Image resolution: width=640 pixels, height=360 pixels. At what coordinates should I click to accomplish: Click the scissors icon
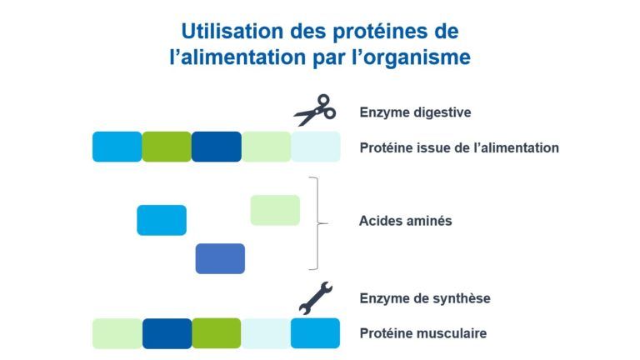coord(315,110)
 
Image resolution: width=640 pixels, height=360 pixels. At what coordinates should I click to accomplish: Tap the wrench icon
coord(316,298)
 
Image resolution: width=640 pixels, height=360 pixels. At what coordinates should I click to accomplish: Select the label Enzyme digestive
coord(415,112)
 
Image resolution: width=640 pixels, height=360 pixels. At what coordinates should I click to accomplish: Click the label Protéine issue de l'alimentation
coord(459,147)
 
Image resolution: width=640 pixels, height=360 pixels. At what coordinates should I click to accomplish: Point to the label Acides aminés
coord(405,221)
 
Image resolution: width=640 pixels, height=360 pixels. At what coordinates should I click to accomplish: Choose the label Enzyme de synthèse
coord(425,298)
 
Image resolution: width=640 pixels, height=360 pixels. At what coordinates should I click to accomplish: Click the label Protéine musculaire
coord(422,333)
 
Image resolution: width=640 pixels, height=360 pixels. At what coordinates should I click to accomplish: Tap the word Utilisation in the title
coord(232,31)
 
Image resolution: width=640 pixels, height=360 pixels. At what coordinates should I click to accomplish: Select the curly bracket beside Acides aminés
coord(318,223)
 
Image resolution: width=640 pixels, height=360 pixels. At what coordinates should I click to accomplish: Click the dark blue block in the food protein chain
coord(217,147)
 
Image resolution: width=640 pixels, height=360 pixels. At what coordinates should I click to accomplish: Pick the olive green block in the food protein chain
coord(167,147)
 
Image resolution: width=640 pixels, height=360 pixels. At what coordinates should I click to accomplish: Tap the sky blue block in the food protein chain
coord(117,147)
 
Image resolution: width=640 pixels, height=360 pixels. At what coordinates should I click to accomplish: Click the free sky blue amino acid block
coord(162,220)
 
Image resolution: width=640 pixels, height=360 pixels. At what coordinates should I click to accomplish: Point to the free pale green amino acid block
coord(275,210)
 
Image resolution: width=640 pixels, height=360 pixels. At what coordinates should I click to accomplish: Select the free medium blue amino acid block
coord(220,259)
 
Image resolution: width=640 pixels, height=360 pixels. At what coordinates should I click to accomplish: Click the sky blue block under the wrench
coord(315,333)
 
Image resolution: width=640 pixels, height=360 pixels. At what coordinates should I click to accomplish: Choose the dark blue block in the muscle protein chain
coord(167,333)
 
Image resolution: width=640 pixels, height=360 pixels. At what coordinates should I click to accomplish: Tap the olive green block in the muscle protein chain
coord(217,333)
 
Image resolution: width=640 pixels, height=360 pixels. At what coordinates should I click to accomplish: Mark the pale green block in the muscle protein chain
coord(117,333)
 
